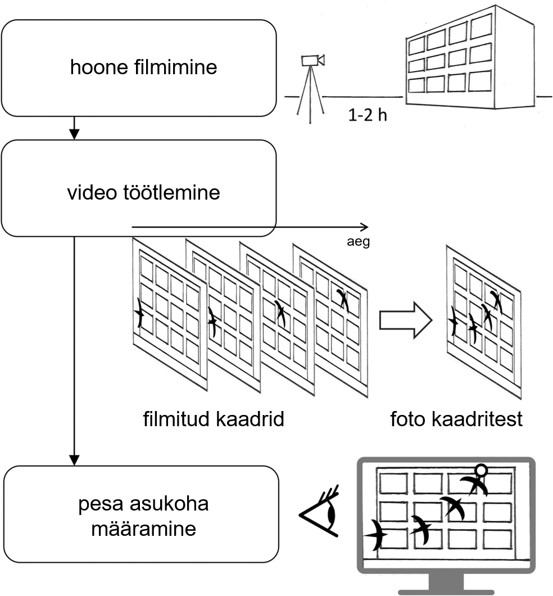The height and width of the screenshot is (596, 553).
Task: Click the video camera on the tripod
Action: click(x=313, y=60)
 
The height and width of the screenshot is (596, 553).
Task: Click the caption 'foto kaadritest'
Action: click(x=456, y=419)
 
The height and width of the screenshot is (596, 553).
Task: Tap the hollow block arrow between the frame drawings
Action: click(x=405, y=320)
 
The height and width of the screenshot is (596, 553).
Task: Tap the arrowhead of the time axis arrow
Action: click(x=365, y=227)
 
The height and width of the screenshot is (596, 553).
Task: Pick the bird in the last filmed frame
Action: click(x=342, y=300)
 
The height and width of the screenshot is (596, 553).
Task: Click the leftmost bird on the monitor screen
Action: click(x=377, y=535)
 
